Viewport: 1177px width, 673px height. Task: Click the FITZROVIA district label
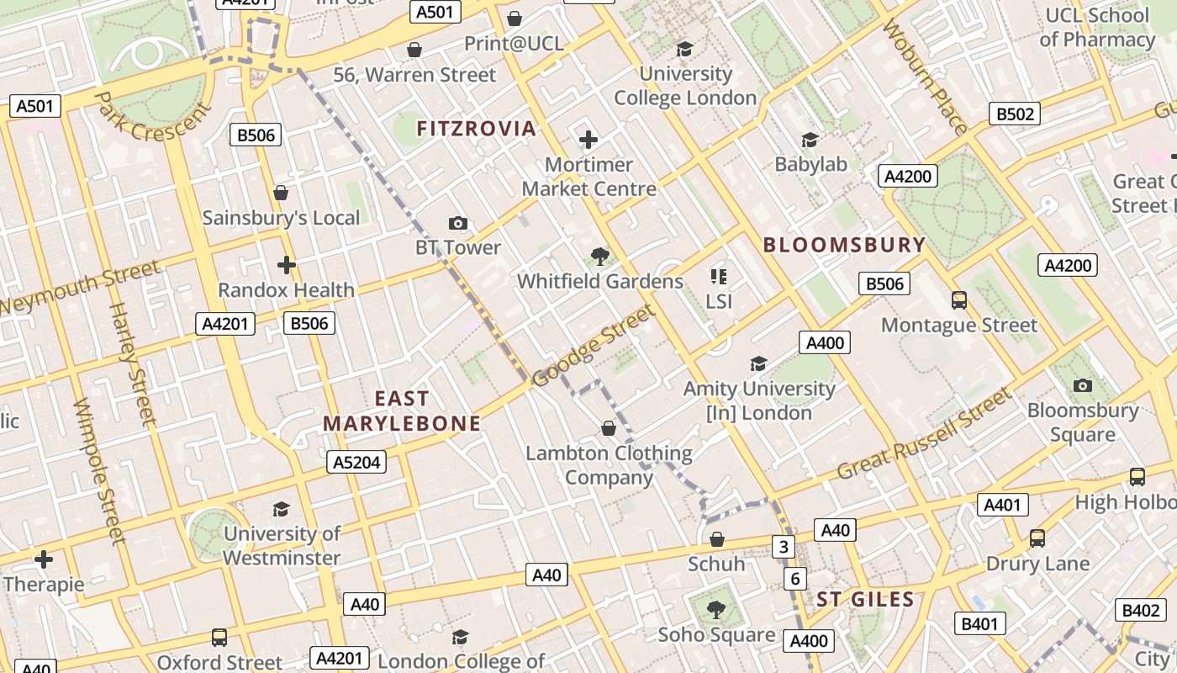pyautogui.click(x=477, y=129)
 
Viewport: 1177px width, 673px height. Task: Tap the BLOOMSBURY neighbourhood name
pyautogui.click(x=844, y=246)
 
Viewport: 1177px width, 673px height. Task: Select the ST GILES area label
pyautogui.click(x=865, y=600)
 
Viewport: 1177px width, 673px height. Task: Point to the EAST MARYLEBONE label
pyautogui.click(x=402, y=411)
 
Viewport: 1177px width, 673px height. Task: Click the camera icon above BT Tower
pyautogui.click(x=458, y=223)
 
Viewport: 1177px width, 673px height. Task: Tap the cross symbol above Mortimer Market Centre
pyautogui.click(x=588, y=140)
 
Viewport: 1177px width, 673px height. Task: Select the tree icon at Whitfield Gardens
pyautogui.click(x=599, y=257)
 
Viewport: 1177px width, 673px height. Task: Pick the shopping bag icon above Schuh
pyautogui.click(x=717, y=539)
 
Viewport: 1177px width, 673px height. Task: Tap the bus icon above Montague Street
pyautogui.click(x=959, y=300)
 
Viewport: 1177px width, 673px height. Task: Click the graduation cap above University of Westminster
pyautogui.click(x=281, y=509)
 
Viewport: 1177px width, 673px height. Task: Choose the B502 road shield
pyautogui.click(x=1014, y=114)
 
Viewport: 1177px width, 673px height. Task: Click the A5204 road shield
pyautogui.click(x=356, y=462)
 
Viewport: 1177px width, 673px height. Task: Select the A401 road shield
pyautogui.click(x=1003, y=505)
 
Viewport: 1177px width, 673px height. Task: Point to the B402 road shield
pyautogui.click(x=1141, y=611)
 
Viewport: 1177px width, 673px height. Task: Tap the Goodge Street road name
pyautogui.click(x=594, y=346)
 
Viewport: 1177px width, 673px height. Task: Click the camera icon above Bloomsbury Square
pyautogui.click(x=1083, y=385)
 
